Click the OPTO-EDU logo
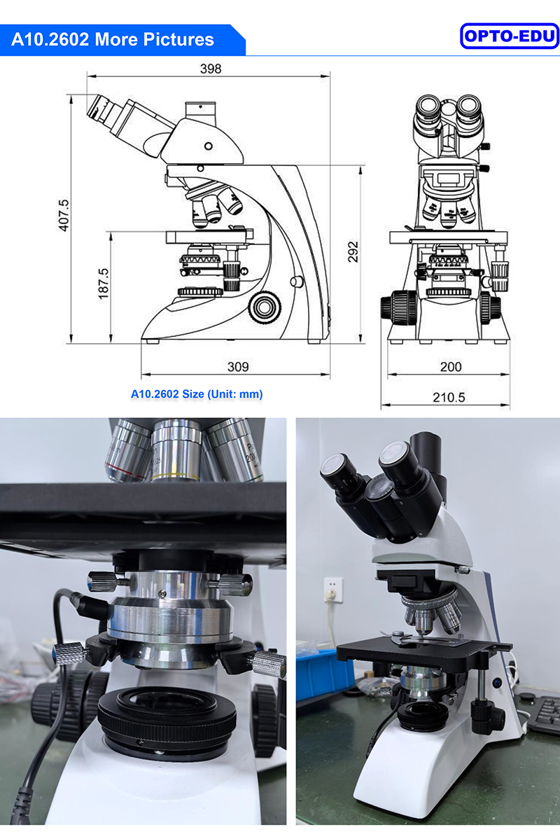(x=509, y=36)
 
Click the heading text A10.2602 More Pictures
(x=113, y=39)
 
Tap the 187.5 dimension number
(x=103, y=284)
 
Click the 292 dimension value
(x=353, y=252)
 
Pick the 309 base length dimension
(x=238, y=366)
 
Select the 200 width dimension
(x=451, y=366)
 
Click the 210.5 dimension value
(x=449, y=397)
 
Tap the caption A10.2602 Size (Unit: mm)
(x=197, y=394)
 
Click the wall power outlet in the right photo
(x=334, y=590)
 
